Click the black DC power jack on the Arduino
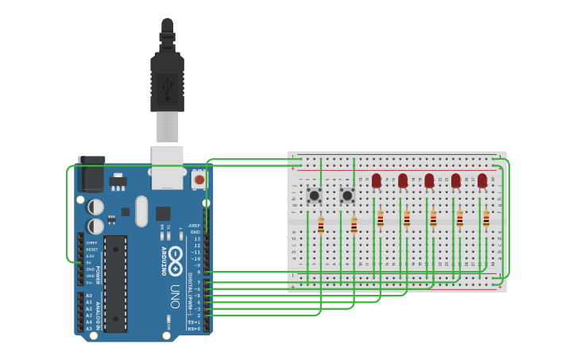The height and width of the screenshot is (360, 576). point(91,174)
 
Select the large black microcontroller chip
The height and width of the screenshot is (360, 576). point(115,283)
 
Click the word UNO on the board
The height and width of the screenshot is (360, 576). point(176,296)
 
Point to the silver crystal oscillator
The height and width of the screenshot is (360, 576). point(141,211)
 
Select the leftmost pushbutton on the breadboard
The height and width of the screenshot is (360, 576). point(314,195)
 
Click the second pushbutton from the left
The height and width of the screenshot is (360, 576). point(347,195)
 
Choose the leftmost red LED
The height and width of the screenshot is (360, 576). point(377,181)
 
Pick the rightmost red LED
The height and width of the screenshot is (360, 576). point(482,181)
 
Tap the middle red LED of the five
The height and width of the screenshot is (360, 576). point(429,181)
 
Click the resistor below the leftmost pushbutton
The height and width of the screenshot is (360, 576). point(320,226)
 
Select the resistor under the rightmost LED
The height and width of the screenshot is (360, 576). point(486,219)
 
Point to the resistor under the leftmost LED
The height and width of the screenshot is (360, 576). point(380,219)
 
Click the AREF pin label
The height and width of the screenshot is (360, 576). point(195,225)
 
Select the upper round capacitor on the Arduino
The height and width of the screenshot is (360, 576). point(95,206)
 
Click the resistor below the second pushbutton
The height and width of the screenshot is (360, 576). point(354,226)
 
